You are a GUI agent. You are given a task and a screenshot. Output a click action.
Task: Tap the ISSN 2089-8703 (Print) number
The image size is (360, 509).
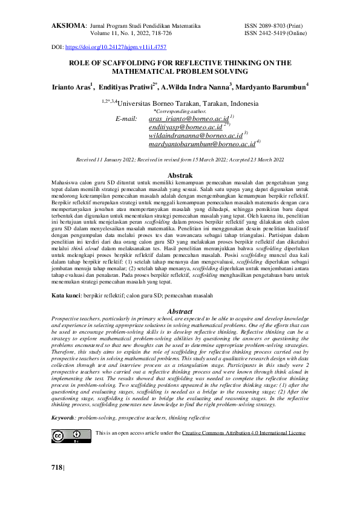[x=274, y=27]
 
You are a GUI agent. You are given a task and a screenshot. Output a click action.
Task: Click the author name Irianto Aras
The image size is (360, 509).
[x=70, y=86]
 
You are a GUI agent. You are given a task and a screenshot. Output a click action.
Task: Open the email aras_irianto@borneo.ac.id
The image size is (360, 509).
[x=188, y=120]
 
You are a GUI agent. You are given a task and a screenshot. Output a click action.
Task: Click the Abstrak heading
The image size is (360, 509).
[x=179, y=175]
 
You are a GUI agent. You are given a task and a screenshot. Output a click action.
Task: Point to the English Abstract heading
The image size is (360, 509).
[x=180, y=311]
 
